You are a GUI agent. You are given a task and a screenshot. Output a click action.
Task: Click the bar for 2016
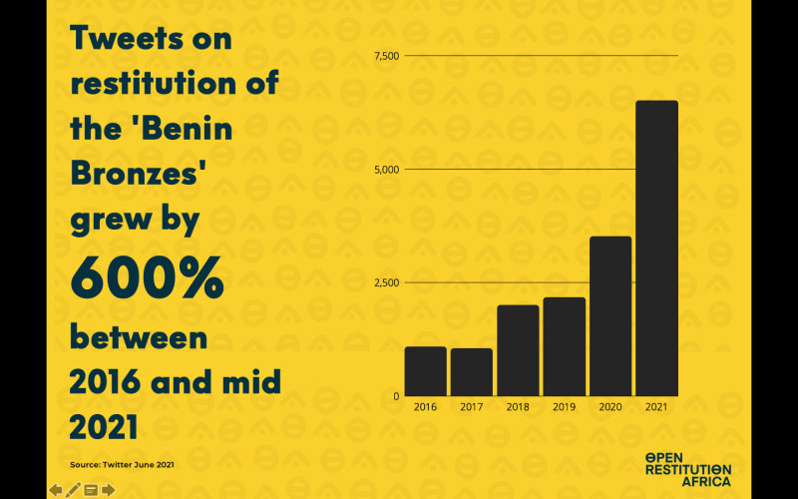click(425, 371)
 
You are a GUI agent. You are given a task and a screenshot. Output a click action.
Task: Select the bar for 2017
click(471, 372)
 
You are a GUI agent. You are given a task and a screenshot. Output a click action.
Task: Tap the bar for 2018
click(518, 350)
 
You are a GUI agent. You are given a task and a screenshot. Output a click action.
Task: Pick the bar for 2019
click(565, 346)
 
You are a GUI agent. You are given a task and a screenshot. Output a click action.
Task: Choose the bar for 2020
click(610, 315)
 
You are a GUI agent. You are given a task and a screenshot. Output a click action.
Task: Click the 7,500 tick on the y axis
click(385, 55)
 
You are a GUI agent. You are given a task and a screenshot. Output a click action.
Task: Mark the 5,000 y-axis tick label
click(385, 169)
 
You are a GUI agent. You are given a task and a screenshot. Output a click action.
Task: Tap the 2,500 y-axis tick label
click(385, 282)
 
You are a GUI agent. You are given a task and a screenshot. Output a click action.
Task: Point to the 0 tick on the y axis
click(395, 396)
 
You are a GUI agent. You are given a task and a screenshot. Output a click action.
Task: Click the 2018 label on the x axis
click(518, 407)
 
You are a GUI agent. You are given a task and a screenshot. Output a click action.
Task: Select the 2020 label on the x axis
click(610, 407)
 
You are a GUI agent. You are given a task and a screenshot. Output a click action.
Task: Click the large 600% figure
click(147, 281)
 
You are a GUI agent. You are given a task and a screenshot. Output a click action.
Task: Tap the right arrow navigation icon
click(108, 489)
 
